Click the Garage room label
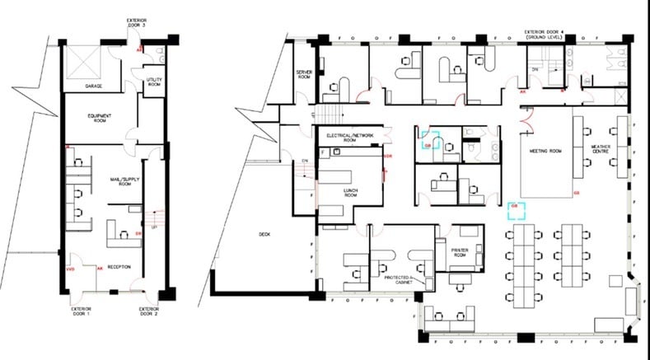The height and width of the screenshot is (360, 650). point(93,86)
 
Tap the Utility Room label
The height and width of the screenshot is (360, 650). point(154,82)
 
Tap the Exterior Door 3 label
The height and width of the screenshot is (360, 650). point(136,22)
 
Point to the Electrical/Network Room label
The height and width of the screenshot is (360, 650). point(350,135)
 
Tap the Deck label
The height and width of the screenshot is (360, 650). point(264,235)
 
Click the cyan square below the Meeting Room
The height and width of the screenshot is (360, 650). point(516,213)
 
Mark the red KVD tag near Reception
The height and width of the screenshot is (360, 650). point(70,269)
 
